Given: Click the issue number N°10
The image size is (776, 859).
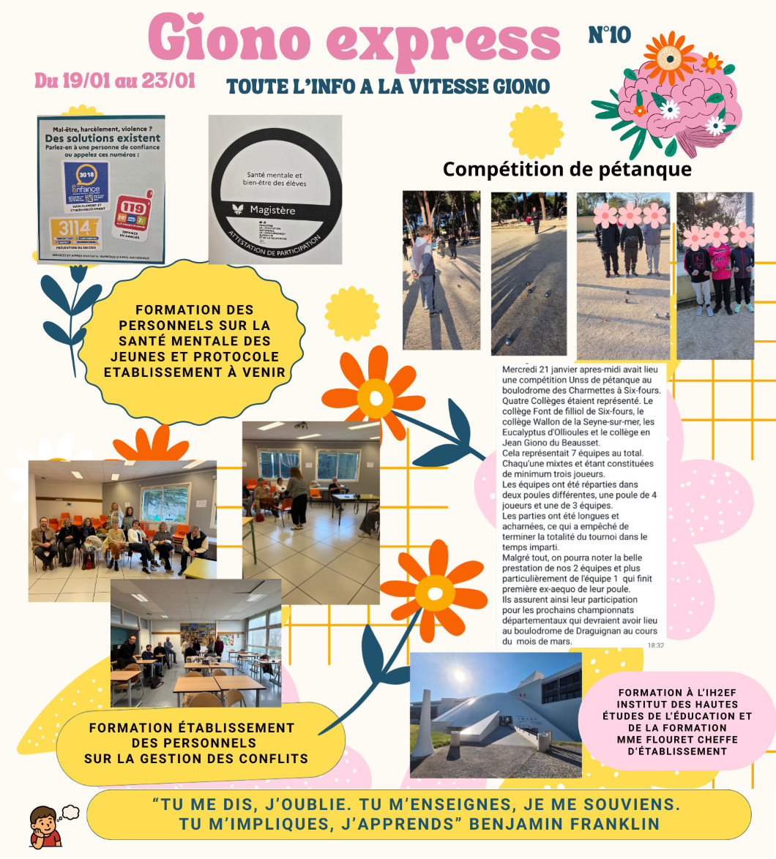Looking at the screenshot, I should pyautogui.click(x=609, y=34).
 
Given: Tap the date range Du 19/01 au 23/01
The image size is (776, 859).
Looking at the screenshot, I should pyautogui.click(x=115, y=80).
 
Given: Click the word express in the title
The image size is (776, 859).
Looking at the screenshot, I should pyautogui.click(x=441, y=40).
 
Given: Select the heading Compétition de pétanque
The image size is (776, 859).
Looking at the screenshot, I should pyautogui.click(x=567, y=170).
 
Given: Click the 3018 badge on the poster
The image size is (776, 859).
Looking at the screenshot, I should pyautogui.click(x=86, y=184).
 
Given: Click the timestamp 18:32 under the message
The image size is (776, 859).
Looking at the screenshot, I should pyautogui.click(x=655, y=645).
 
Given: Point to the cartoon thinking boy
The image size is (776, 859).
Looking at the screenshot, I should pyautogui.click(x=47, y=825).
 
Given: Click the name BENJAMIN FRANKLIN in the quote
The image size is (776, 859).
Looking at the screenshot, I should pyautogui.click(x=564, y=824).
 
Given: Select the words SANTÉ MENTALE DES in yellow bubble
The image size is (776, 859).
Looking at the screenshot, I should pyautogui.click(x=194, y=341).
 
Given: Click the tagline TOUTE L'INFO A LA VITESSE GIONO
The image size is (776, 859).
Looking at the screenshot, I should pyautogui.click(x=388, y=86).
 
